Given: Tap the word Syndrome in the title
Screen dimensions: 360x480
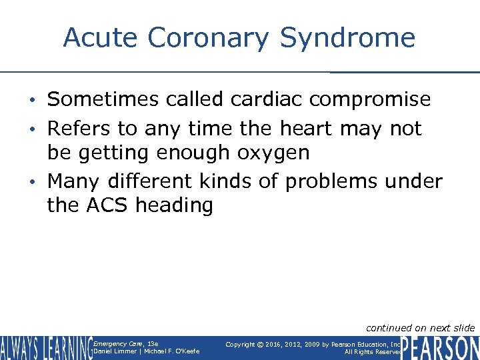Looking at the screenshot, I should (x=347, y=37).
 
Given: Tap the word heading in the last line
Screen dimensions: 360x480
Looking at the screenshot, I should (x=174, y=205).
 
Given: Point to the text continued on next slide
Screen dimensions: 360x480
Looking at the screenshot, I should (x=420, y=327).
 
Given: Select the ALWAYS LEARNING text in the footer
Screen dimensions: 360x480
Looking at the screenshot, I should (x=45, y=347).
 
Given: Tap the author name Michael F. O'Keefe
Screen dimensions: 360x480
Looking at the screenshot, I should (x=171, y=351).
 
